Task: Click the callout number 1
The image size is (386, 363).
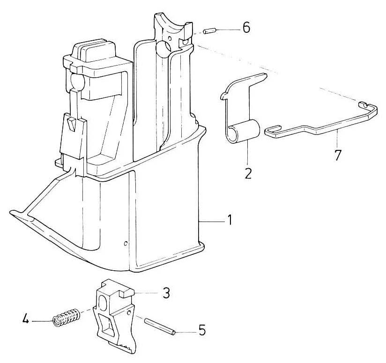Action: [229, 219]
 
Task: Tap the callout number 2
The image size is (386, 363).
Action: [248, 173]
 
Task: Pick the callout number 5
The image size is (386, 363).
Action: [201, 330]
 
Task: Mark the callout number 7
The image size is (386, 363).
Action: [337, 155]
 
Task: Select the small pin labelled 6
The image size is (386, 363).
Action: [209, 31]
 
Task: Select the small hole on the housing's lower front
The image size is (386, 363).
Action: [126, 243]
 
